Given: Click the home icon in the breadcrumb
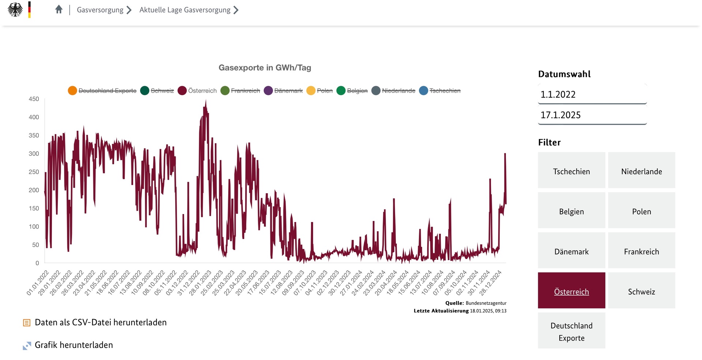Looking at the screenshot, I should click(x=59, y=10).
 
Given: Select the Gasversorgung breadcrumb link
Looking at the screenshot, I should click(x=100, y=10).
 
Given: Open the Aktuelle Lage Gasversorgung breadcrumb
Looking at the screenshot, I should click(x=185, y=10).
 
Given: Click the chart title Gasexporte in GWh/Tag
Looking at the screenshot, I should click(x=264, y=68).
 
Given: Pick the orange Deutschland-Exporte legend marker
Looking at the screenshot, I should click(x=72, y=91).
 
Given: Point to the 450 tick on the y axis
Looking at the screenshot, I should click(x=34, y=99).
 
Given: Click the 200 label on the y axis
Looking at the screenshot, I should click(x=34, y=190).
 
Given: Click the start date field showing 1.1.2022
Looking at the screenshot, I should click(x=592, y=94).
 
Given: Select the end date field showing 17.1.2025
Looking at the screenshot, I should click(x=592, y=115).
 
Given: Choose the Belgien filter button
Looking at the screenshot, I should click(x=571, y=211).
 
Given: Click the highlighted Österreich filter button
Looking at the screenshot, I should click(x=571, y=292).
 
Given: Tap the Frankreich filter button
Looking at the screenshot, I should click(x=641, y=252).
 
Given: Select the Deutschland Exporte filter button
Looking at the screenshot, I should click(x=571, y=331).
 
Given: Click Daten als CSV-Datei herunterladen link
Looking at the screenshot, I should click(x=101, y=322).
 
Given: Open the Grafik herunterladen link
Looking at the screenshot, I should click(x=74, y=345).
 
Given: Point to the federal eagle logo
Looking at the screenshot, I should click(x=15, y=10).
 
